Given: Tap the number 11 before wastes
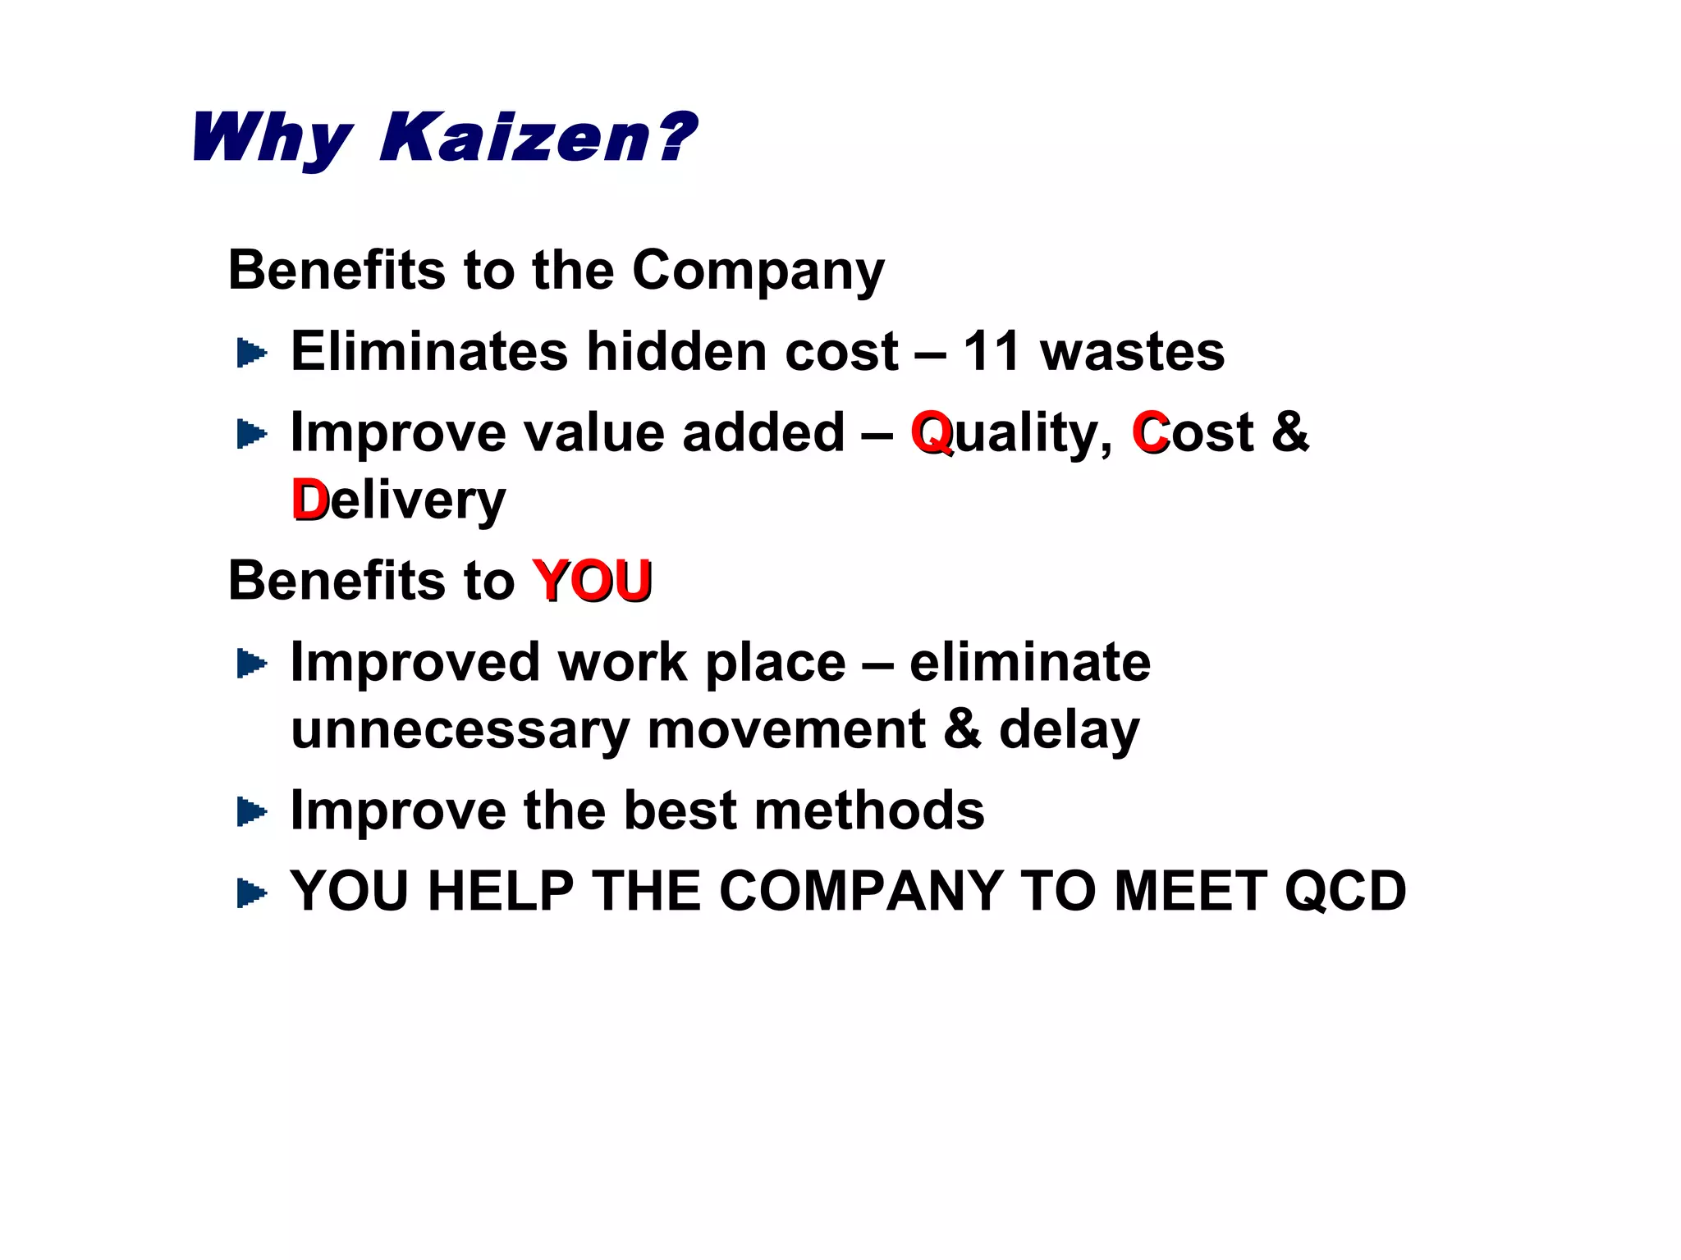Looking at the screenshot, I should point(991,352).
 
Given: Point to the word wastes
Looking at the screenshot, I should point(1132,352).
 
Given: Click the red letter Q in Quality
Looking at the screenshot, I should point(932,432).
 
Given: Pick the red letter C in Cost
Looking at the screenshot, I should point(1150,432).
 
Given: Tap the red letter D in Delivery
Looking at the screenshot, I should point(309,500).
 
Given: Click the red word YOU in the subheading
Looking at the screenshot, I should point(592,581).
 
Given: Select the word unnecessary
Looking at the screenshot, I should point(460,729).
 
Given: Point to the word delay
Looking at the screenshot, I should point(1069,729).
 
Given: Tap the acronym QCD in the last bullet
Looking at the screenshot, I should point(1345,891).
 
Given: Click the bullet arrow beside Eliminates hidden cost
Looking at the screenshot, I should point(251,354).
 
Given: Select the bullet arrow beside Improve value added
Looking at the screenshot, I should point(251,434).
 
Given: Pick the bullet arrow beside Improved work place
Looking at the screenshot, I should point(251,664).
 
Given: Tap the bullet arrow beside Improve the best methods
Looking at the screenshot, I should point(251,812).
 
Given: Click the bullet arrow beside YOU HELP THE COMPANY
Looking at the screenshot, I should point(251,892).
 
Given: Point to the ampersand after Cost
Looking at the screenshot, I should point(1289,432).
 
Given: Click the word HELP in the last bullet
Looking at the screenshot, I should point(501,891).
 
